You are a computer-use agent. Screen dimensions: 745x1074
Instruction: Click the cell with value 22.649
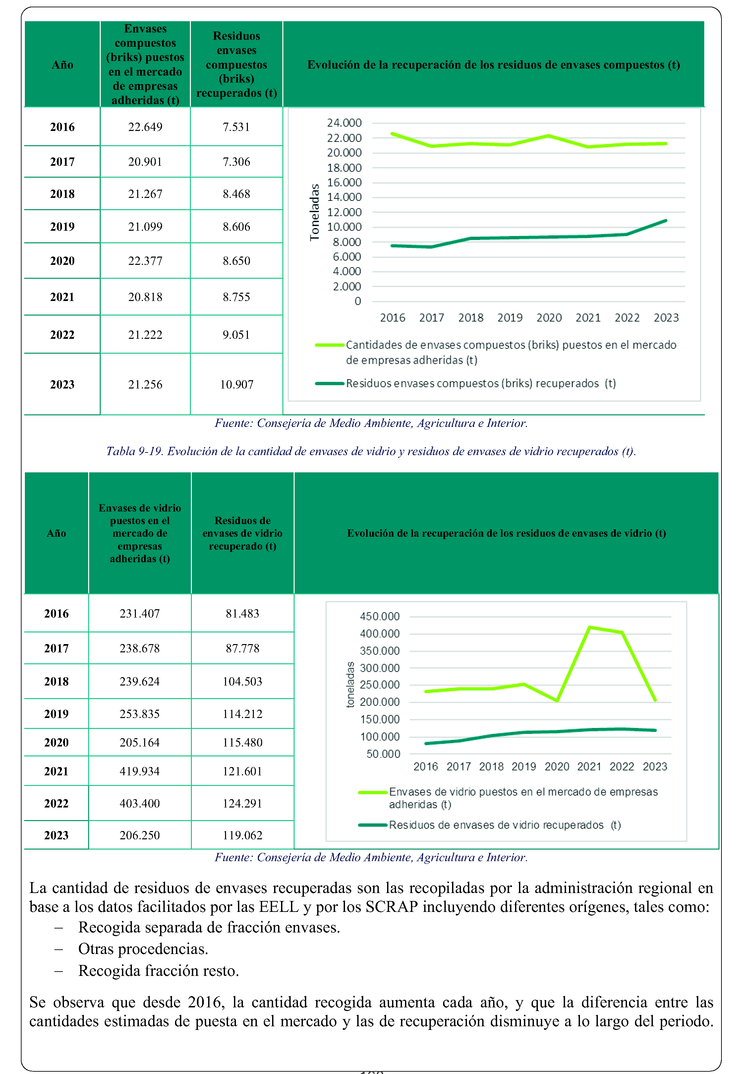pyautogui.click(x=145, y=127)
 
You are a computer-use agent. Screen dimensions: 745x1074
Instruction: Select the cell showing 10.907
pyautogui.click(x=237, y=385)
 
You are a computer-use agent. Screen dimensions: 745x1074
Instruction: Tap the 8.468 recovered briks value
pyautogui.click(x=236, y=194)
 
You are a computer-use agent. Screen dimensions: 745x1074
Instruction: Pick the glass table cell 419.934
pyautogui.click(x=140, y=771)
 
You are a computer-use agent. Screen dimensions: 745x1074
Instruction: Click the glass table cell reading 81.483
pyautogui.click(x=242, y=613)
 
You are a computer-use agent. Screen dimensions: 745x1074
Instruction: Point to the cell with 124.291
pyautogui.click(x=242, y=803)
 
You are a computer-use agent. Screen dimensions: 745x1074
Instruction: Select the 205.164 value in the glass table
pyautogui.click(x=140, y=742)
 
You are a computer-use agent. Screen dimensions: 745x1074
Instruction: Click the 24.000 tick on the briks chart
pyautogui.click(x=344, y=123)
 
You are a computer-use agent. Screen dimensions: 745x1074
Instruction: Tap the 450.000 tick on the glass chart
pyautogui.click(x=379, y=616)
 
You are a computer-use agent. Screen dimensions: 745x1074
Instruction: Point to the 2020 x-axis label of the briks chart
pyautogui.click(x=549, y=318)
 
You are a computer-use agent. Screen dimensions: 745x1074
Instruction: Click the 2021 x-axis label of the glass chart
pyautogui.click(x=589, y=766)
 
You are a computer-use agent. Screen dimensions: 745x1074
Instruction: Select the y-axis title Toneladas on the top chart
pyautogui.click(x=315, y=212)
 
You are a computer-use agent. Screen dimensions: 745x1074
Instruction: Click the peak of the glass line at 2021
pyautogui.click(x=590, y=627)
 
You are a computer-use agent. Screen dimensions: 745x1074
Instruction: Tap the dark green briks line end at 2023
pyautogui.click(x=666, y=220)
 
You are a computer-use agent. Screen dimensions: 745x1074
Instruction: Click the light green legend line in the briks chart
pyautogui.click(x=329, y=345)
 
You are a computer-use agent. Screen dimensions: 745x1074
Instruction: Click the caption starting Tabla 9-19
pyautogui.click(x=371, y=451)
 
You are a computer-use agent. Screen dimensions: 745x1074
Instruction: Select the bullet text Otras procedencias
pyautogui.click(x=143, y=949)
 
